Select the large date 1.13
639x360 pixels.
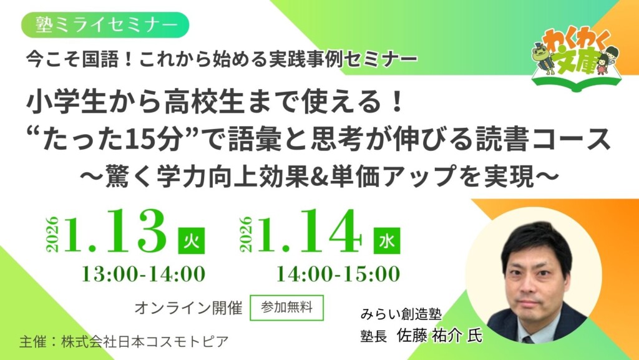117,233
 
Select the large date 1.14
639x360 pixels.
311,233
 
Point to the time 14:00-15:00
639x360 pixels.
338,273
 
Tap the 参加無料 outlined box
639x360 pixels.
286,307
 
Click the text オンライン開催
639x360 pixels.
188,308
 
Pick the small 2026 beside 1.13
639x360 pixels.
52,233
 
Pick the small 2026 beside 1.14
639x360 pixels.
246,233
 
